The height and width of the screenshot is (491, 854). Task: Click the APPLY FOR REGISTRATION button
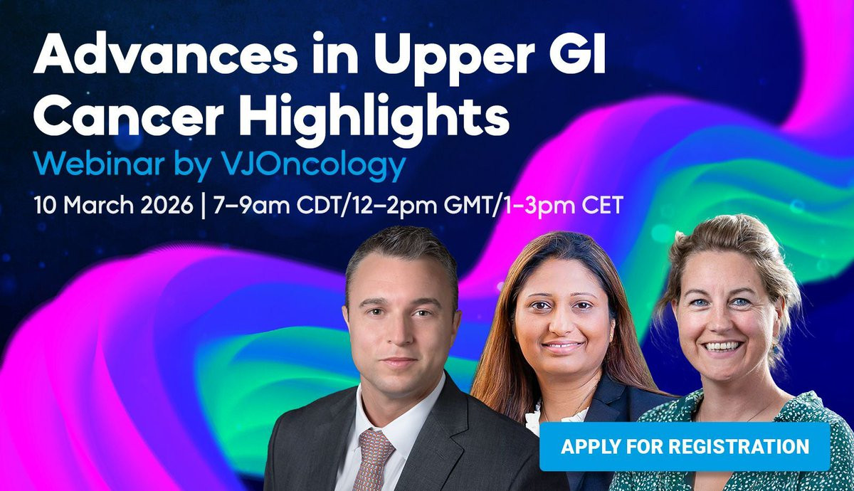(685, 446)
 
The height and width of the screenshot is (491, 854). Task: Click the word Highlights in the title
(374, 118)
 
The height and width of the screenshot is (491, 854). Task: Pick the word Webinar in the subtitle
(99, 164)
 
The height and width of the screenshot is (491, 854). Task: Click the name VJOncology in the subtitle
(313, 167)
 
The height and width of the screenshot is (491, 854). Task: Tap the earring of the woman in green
(776, 349)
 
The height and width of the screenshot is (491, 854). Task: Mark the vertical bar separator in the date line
(203, 206)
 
